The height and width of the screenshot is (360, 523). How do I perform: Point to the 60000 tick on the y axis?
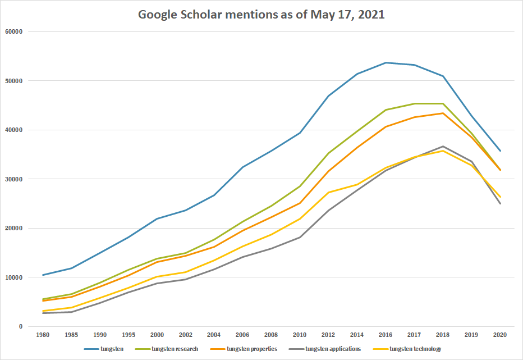tap(12, 31)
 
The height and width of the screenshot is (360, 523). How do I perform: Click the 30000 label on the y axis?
tap(12, 179)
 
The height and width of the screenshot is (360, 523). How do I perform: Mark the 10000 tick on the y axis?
tap(12, 277)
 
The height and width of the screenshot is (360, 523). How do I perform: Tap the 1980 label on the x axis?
tap(42, 335)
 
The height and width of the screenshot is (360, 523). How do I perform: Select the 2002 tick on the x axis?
tap(185, 335)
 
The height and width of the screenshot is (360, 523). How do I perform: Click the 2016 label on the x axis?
tap(386, 335)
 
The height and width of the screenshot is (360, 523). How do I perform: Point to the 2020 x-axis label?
tap(500, 335)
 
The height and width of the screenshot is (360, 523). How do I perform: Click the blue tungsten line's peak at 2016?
tap(386, 62)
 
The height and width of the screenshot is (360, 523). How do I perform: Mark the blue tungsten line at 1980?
tap(42, 275)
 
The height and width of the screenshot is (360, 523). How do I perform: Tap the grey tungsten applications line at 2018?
tap(443, 146)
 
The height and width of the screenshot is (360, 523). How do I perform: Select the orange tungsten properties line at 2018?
tap(443, 113)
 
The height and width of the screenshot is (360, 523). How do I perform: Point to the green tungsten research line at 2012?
tap(328, 153)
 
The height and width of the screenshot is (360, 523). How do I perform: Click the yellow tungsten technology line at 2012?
tap(328, 192)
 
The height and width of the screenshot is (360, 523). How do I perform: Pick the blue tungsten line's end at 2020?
tap(500, 151)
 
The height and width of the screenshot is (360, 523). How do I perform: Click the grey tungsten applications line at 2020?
tap(500, 203)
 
